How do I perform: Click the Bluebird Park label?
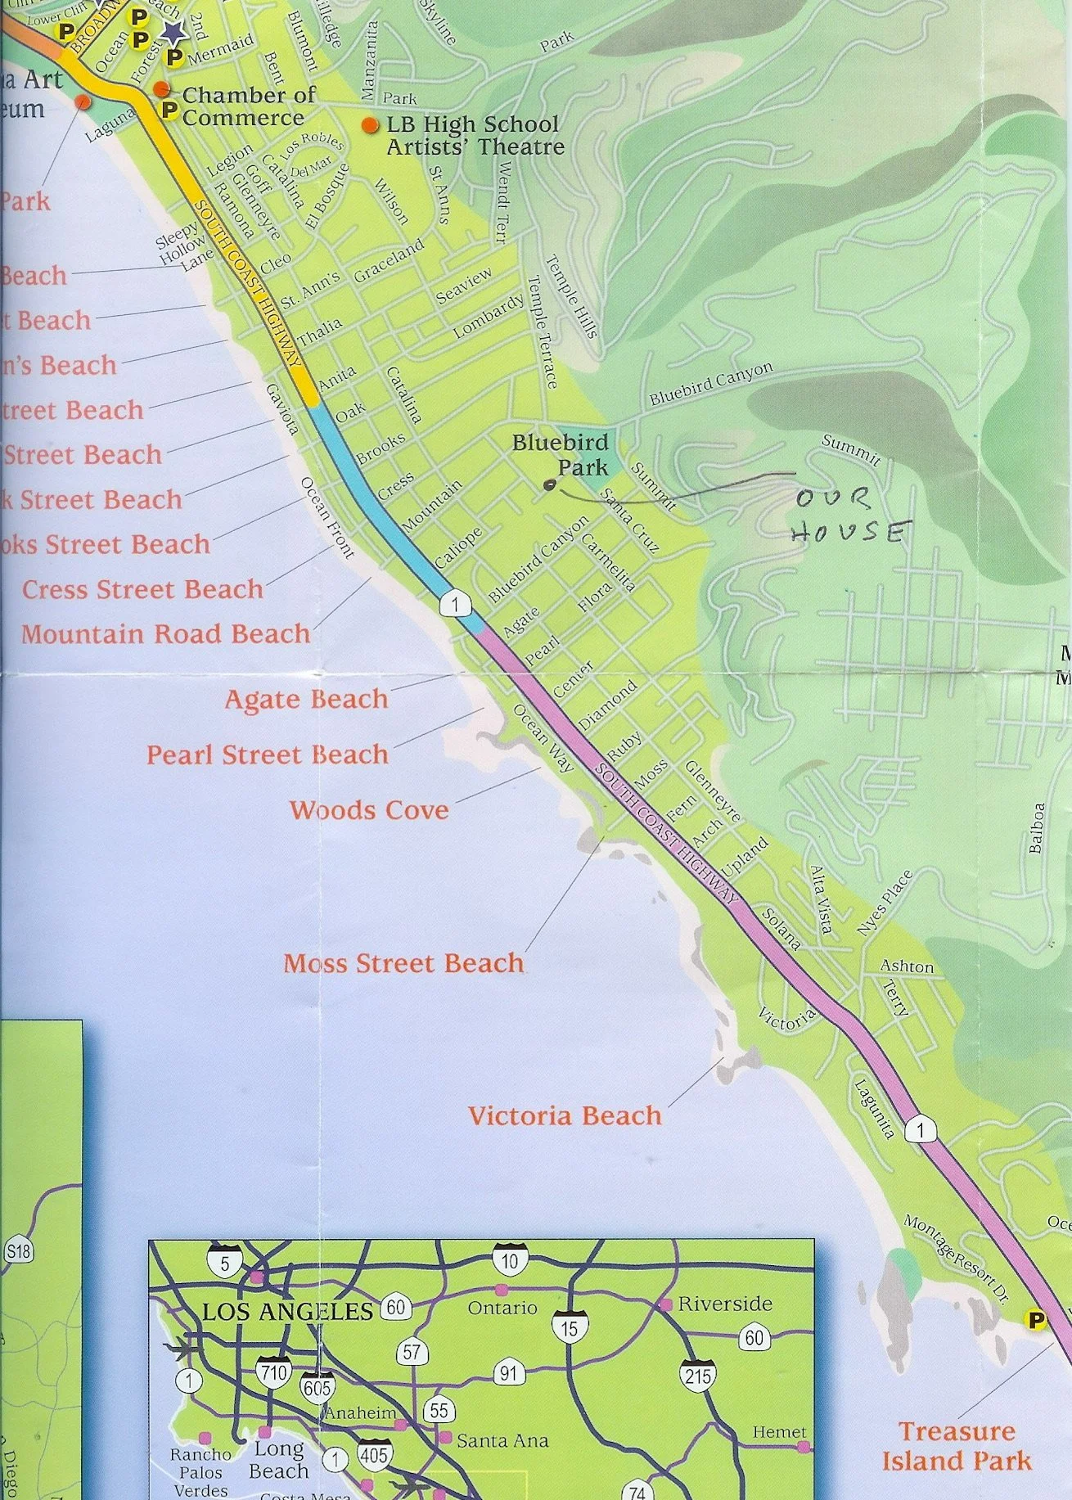point(561,455)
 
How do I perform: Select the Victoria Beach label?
point(564,1115)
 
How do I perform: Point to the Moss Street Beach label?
point(403,963)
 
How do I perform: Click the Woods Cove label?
point(369,810)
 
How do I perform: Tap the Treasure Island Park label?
point(957,1446)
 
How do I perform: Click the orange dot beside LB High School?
point(371,125)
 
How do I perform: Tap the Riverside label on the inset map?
point(724,1303)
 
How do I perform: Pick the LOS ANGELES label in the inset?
point(287,1312)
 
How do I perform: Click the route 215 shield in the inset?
point(698,1376)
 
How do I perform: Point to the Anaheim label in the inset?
point(360,1412)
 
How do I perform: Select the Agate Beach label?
point(306,699)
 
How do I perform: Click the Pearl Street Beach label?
point(267,755)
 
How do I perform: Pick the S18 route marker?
point(19,1251)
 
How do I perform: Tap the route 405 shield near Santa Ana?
point(373,1454)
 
